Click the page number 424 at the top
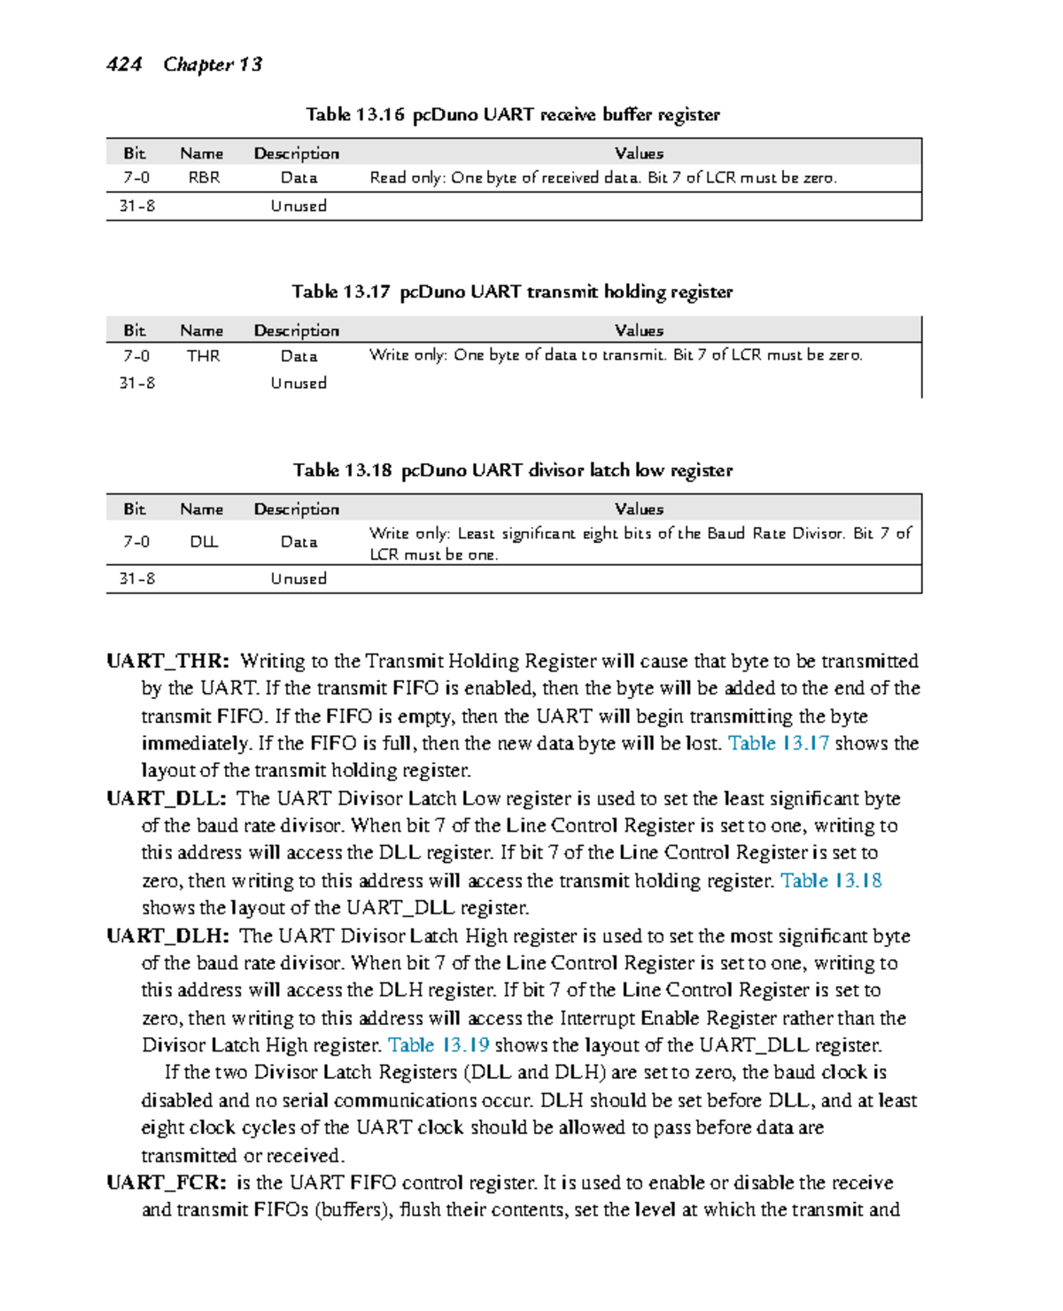[124, 65]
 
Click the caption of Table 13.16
[512, 114]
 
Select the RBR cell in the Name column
[204, 178]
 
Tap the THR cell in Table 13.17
[203, 356]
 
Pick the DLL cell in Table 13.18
[204, 542]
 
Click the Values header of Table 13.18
[639, 509]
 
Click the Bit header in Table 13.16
[135, 153]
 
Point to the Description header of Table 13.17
[296, 330]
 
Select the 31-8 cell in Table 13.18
[136, 578]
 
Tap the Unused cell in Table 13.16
[299, 206]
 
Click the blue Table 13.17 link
[778, 743]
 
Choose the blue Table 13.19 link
[438, 1045]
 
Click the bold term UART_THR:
[168, 662]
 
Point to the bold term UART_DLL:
[167, 799]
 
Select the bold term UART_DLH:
[168, 936]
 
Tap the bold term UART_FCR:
[167, 1183]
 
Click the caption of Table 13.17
[512, 292]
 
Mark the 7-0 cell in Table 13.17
[136, 356]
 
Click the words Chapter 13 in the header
[213, 65]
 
